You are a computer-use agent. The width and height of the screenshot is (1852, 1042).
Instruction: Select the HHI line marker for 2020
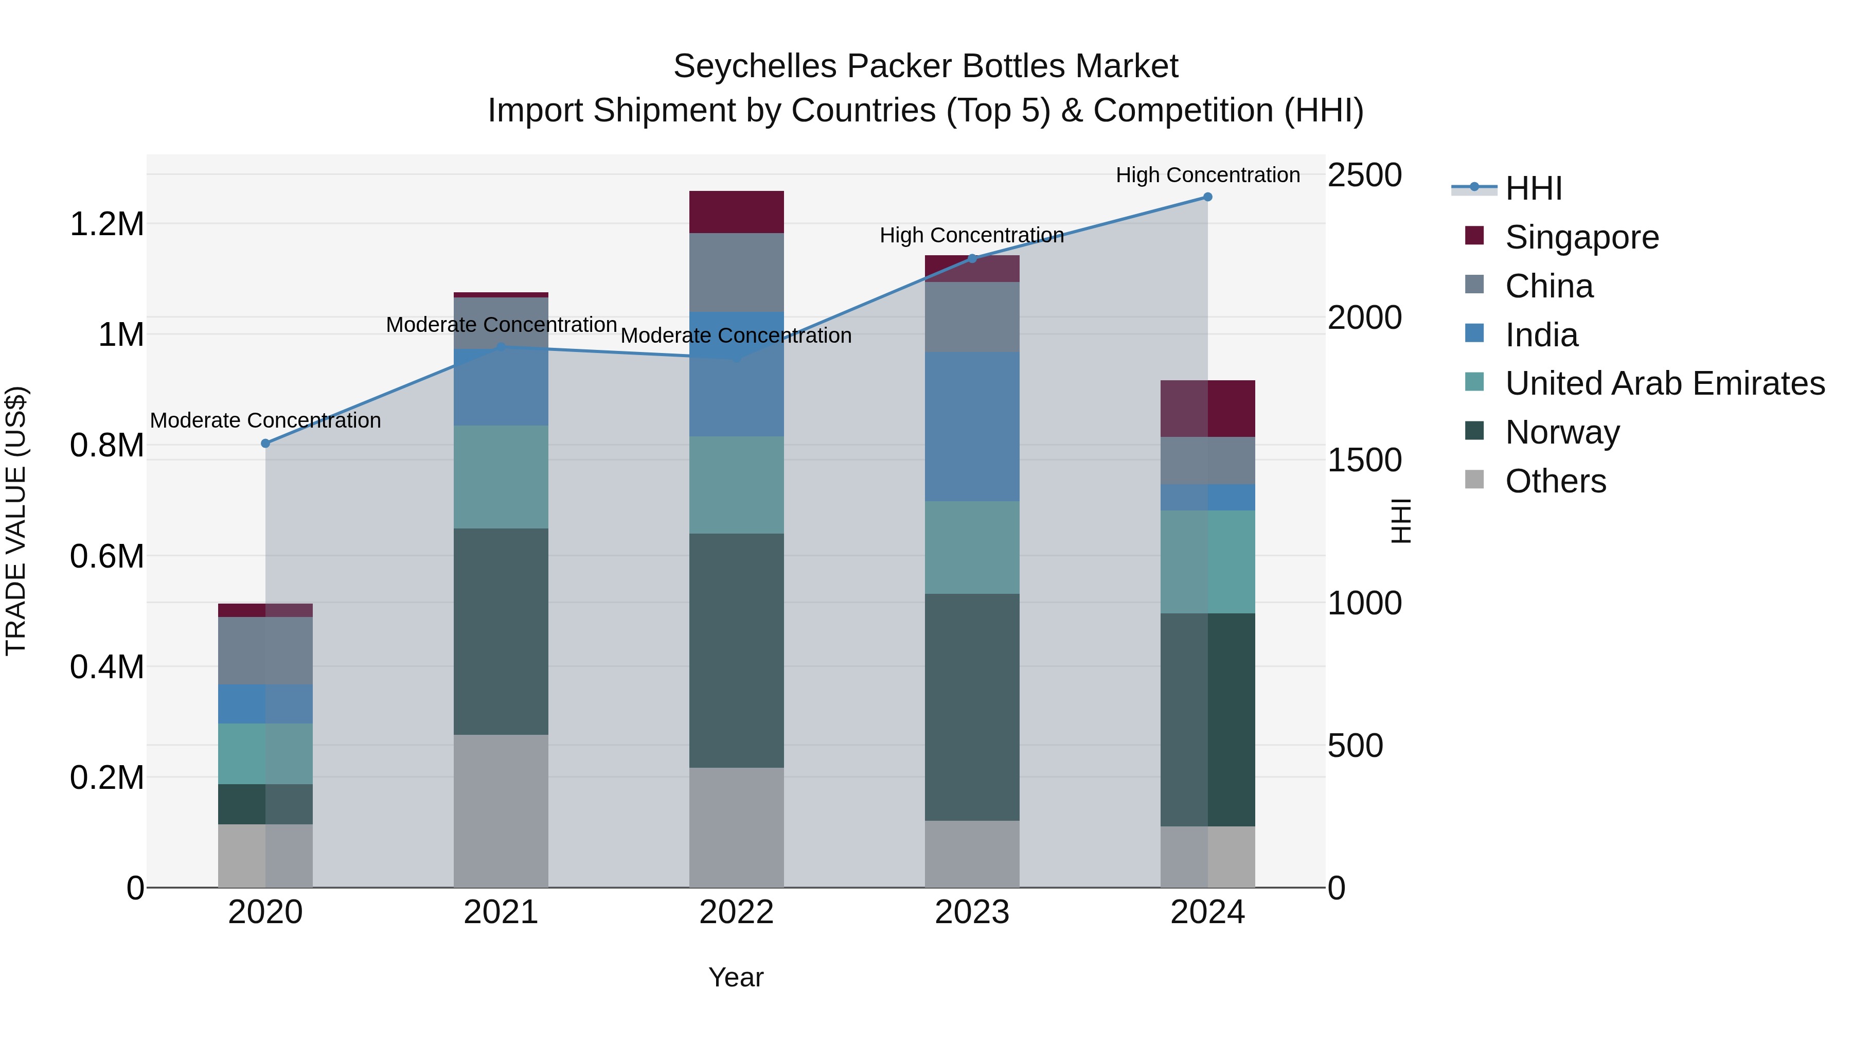pyautogui.click(x=265, y=444)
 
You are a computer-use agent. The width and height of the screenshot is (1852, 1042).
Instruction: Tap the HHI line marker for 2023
pyautogui.click(x=972, y=258)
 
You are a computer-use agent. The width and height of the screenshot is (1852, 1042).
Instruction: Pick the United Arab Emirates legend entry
pyautogui.click(x=1664, y=383)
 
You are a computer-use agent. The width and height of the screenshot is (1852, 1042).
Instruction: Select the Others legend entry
pyautogui.click(x=1555, y=481)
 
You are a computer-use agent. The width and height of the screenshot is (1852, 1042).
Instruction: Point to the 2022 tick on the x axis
pyautogui.click(x=736, y=912)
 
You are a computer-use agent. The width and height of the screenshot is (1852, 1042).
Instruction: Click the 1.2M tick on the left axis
pyautogui.click(x=107, y=224)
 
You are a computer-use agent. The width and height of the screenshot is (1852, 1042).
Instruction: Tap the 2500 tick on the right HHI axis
pyautogui.click(x=1364, y=175)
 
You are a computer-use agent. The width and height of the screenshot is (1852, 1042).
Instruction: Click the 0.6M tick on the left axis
pyautogui.click(x=107, y=557)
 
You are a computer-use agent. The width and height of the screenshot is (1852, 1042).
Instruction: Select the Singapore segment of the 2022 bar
pyautogui.click(x=736, y=212)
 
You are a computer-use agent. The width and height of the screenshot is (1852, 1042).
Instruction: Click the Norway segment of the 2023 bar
pyautogui.click(x=972, y=707)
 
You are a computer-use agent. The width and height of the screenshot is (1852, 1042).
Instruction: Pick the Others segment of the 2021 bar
pyautogui.click(x=501, y=810)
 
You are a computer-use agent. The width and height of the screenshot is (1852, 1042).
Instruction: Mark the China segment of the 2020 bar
pyautogui.click(x=265, y=651)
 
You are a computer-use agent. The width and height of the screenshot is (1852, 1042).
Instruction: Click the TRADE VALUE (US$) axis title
pyautogui.click(x=16, y=521)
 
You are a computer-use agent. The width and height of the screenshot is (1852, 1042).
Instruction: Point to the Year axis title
pyautogui.click(x=736, y=977)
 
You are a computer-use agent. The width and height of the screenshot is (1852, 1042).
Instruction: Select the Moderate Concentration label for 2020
pyautogui.click(x=265, y=421)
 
